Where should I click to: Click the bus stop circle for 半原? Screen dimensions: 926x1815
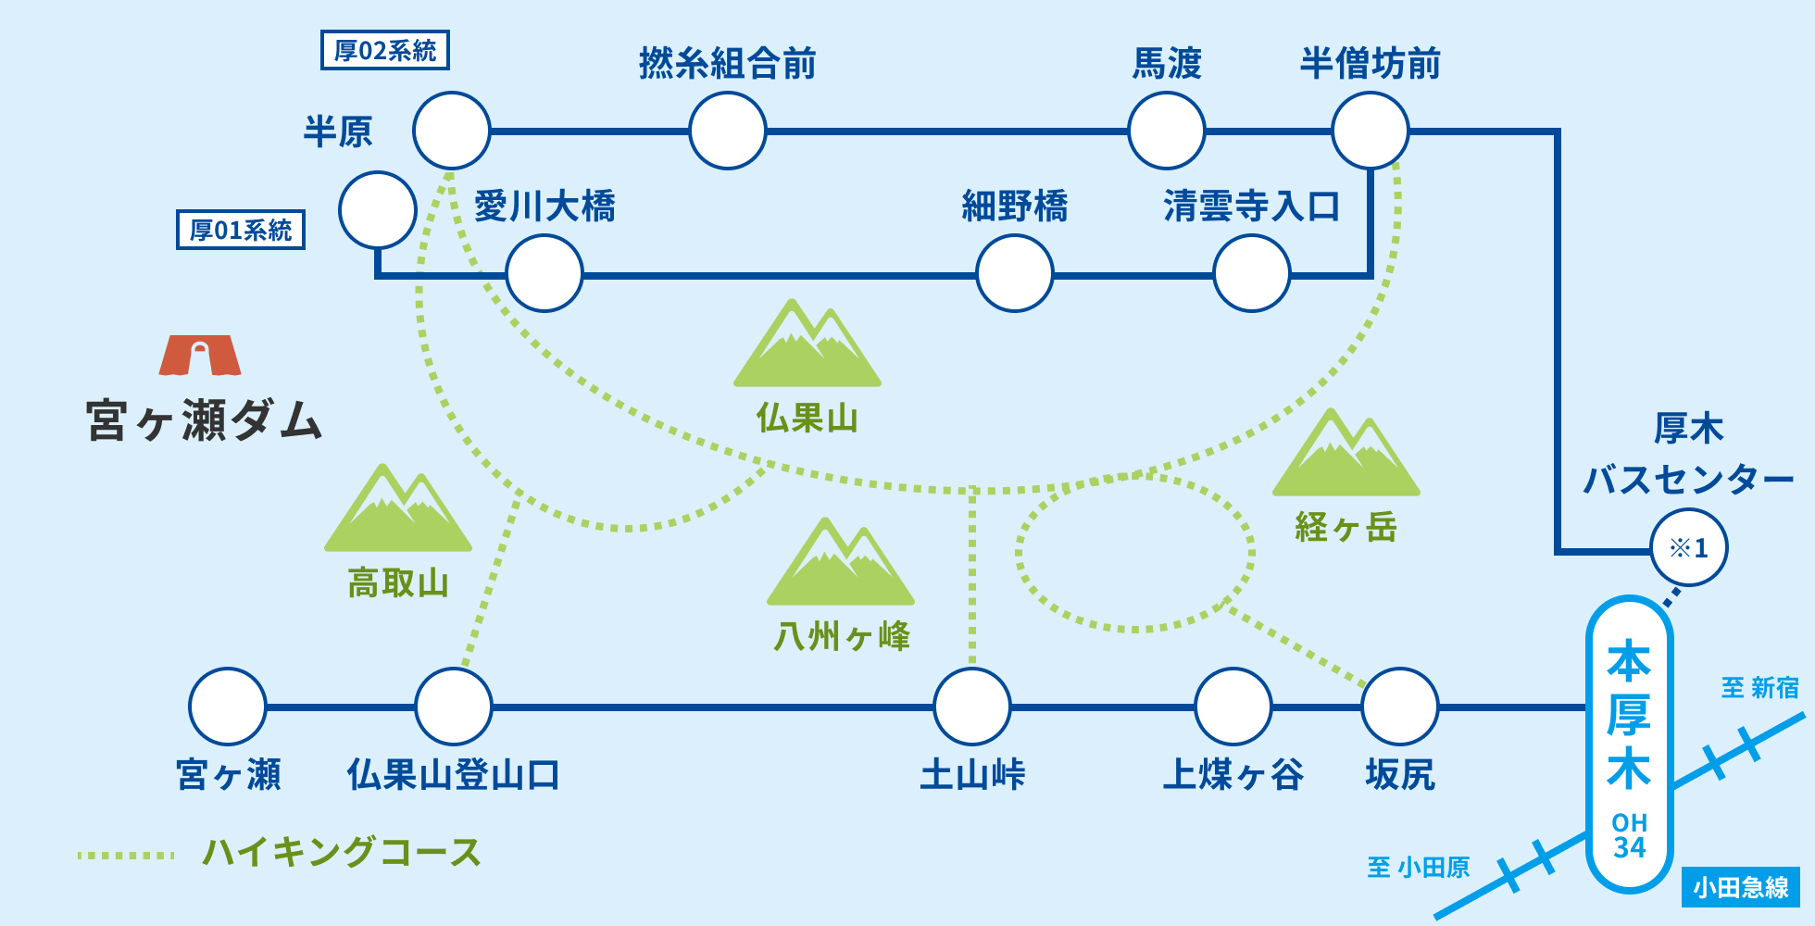[451, 131]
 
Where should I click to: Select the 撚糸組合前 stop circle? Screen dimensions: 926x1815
[728, 131]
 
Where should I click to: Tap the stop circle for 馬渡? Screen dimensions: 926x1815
[1166, 131]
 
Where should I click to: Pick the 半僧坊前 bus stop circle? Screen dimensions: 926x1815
[1370, 131]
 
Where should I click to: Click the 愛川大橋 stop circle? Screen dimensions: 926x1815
[544, 273]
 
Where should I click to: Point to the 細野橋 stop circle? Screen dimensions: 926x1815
[1015, 273]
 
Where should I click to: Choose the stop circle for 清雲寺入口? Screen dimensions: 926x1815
[1251, 273]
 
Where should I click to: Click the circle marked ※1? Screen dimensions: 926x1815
[1688, 547]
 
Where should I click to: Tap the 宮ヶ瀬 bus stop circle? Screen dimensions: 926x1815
[228, 707]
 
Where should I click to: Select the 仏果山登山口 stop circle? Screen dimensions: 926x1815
[454, 707]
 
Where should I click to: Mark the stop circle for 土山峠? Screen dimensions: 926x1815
[972, 707]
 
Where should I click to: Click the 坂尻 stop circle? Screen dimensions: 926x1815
[1399, 707]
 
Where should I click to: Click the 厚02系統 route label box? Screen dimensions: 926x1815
[384, 50]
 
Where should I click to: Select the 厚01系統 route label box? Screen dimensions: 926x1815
[241, 230]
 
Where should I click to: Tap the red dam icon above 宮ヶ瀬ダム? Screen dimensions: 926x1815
[200, 356]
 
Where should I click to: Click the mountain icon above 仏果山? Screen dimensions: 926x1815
[807, 344]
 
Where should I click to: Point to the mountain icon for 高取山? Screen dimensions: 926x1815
[398, 509]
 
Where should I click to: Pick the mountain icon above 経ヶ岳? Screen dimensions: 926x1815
[1346, 454]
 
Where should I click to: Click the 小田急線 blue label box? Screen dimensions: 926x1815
[1740, 887]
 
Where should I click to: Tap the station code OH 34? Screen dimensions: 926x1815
[1629, 835]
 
